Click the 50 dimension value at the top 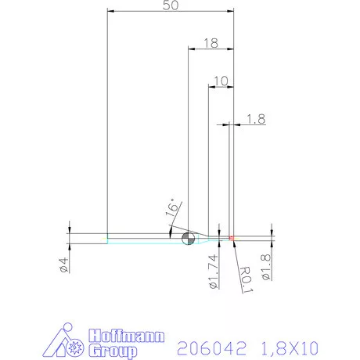pyautogui.click(x=170, y=5)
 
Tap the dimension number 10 pyautogui.click(x=220, y=80)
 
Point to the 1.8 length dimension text pyautogui.click(x=255, y=119)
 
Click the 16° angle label pyautogui.click(x=173, y=209)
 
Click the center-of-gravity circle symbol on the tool pyautogui.click(x=187, y=239)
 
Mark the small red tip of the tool pyautogui.click(x=232, y=237)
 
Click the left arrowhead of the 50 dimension pyautogui.click(x=111, y=12)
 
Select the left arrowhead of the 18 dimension pyautogui.click(x=192, y=49)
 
